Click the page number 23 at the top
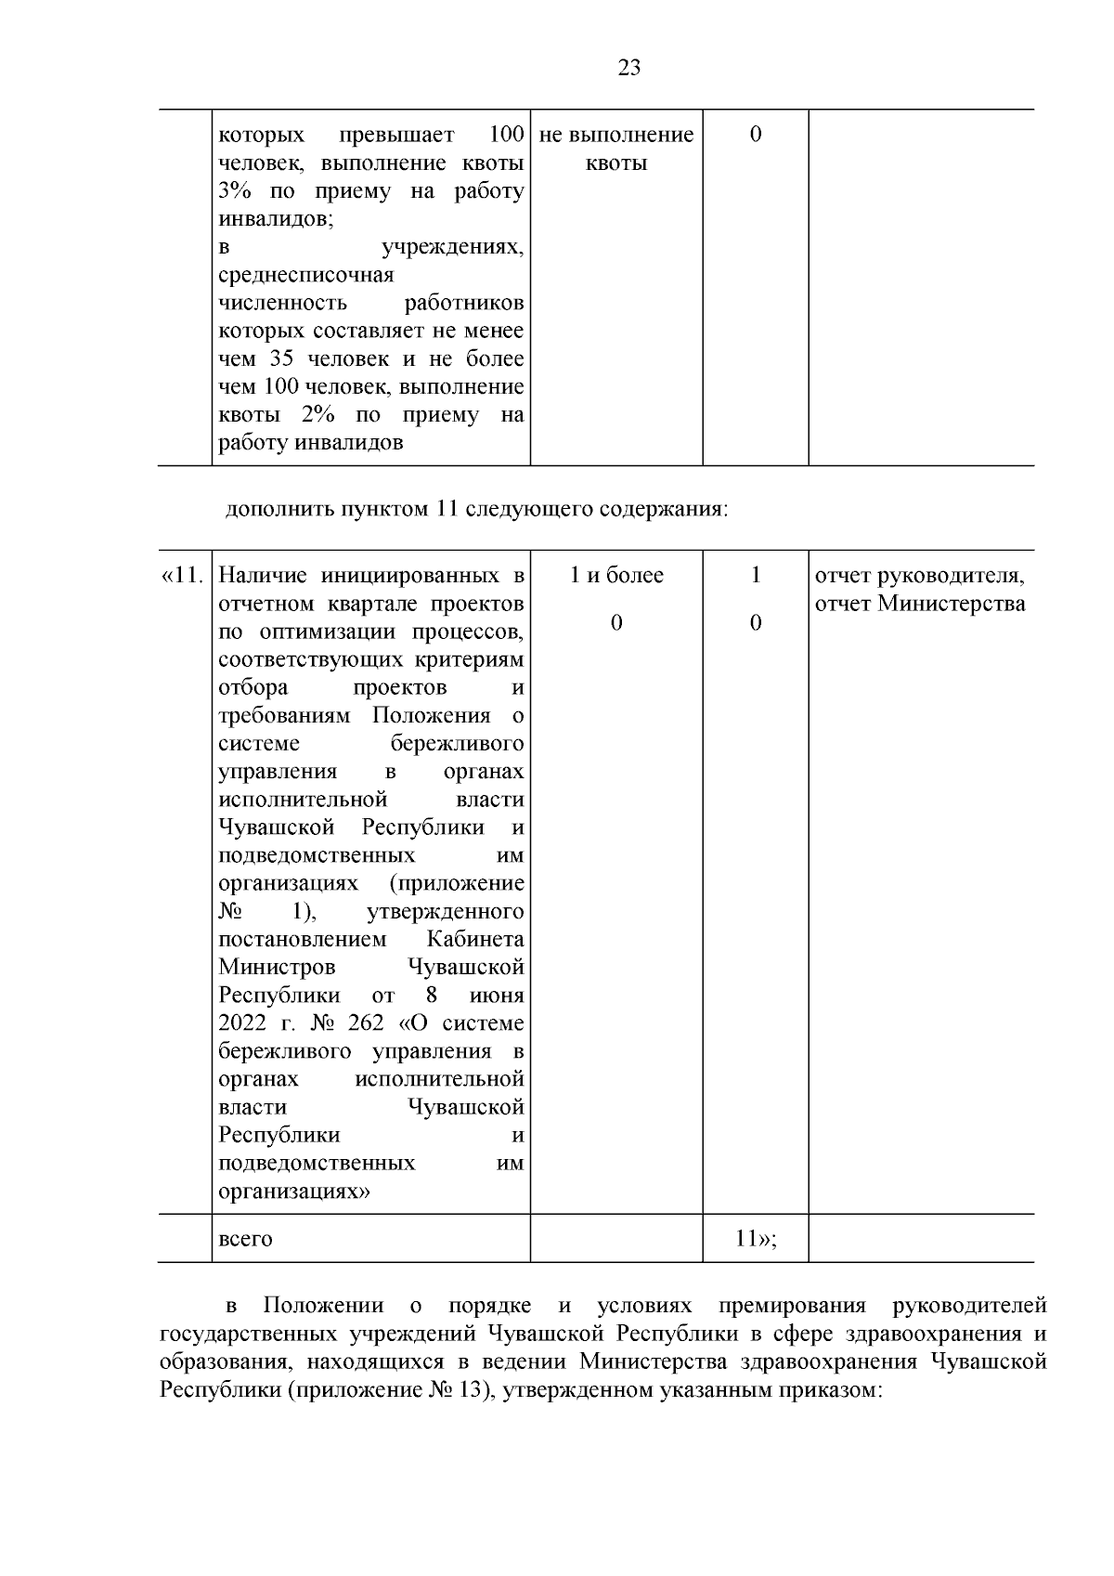click(628, 68)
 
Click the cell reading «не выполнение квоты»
click(616, 150)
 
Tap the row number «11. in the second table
click(182, 576)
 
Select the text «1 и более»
click(616, 576)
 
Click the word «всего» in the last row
click(245, 1239)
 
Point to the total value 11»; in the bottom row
click(755, 1239)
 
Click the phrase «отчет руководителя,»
click(919, 576)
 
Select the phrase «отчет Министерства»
click(919, 604)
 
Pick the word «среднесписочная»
click(305, 275)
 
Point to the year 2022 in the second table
click(242, 1023)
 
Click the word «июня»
click(497, 996)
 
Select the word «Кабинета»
click(476, 939)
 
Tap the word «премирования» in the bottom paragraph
click(792, 1306)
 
